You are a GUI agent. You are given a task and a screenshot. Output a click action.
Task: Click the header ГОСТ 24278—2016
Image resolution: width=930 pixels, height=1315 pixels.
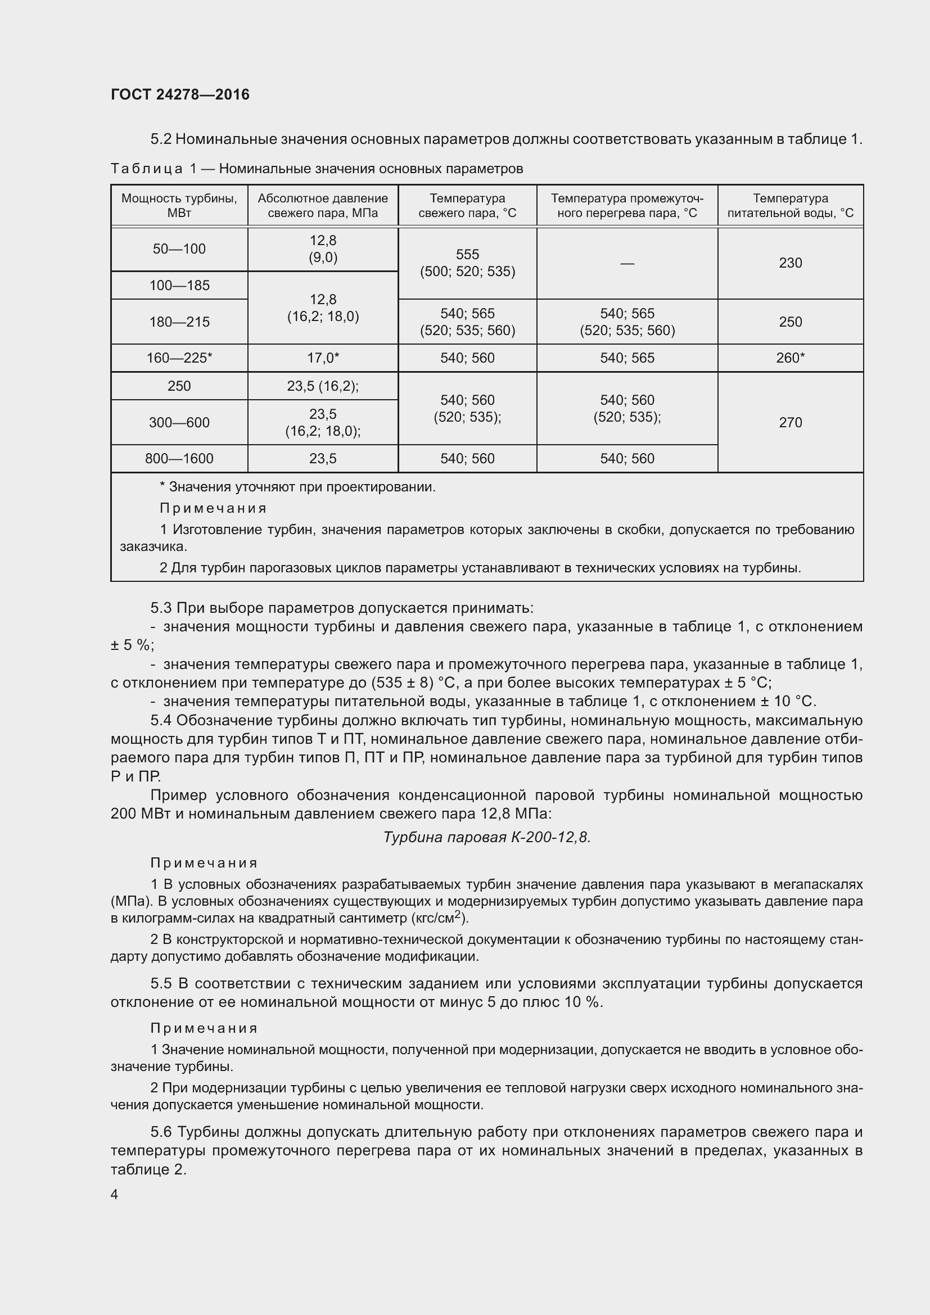pyautogui.click(x=180, y=94)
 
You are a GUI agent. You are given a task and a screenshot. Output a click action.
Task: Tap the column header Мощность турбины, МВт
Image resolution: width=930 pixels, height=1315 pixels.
pyautogui.click(x=179, y=206)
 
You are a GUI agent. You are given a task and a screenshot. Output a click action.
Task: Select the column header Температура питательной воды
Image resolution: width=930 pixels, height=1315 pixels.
pyautogui.click(x=789, y=206)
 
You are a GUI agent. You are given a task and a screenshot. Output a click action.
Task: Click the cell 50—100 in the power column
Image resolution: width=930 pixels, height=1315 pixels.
pyautogui.click(x=179, y=249)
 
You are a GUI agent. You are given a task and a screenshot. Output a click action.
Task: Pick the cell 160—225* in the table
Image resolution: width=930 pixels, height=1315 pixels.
pyautogui.click(x=179, y=358)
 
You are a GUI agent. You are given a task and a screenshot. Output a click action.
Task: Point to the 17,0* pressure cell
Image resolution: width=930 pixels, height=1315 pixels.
pyautogui.click(x=323, y=358)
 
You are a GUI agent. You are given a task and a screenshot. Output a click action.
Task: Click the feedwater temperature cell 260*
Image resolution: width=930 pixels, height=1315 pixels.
pyautogui.click(x=789, y=358)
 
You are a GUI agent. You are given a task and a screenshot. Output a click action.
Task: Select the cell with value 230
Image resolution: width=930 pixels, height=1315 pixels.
pyautogui.click(x=789, y=263)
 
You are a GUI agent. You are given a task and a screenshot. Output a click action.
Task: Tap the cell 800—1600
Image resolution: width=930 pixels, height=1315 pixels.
pyautogui.click(x=179, y=459)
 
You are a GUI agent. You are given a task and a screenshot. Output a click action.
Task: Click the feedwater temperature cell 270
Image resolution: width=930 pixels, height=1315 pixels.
pyautogui.click(x=789, y=423)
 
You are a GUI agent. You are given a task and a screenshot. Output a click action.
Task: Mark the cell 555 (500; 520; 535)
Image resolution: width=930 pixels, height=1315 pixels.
pyautogui.click(x=467, y=263)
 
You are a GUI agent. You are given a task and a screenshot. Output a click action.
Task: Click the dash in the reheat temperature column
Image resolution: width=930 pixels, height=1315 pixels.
pyautogui.click(x=627, y=264)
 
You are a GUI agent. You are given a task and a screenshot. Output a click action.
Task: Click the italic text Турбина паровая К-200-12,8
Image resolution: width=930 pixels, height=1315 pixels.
pyautogui.click(x=486, y=838)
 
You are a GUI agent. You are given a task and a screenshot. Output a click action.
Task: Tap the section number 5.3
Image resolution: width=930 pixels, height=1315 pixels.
pyautogui.click(x=161, y=608)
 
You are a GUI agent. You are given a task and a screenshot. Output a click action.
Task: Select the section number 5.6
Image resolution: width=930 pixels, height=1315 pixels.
pyautogui.click(x=161, y=1132)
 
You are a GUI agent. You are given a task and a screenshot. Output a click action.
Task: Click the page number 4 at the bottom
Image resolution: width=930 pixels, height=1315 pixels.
pyautogui.click(x=114, y=1195)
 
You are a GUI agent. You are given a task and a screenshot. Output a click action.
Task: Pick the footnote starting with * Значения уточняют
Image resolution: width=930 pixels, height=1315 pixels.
pyautogui.click(x=298, y=487)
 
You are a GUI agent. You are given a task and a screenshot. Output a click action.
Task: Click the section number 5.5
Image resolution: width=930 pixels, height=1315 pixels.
pyautogui.click(x=161, y=983)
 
